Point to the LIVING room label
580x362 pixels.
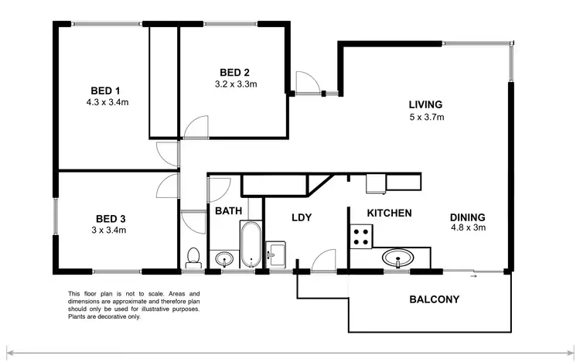point(425,104)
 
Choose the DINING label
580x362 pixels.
point(467,217)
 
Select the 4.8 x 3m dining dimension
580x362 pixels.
point(468,228)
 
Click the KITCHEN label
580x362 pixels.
point(389,213)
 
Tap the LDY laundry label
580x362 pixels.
point(301,217)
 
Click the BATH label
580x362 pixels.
point(229,210)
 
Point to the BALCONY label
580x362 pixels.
point(434,299)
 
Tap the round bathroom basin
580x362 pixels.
point(224,258)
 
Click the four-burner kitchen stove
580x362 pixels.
point(361,236)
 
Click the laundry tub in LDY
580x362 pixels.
point(276,253)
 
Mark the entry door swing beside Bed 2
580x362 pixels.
point(305,82)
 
